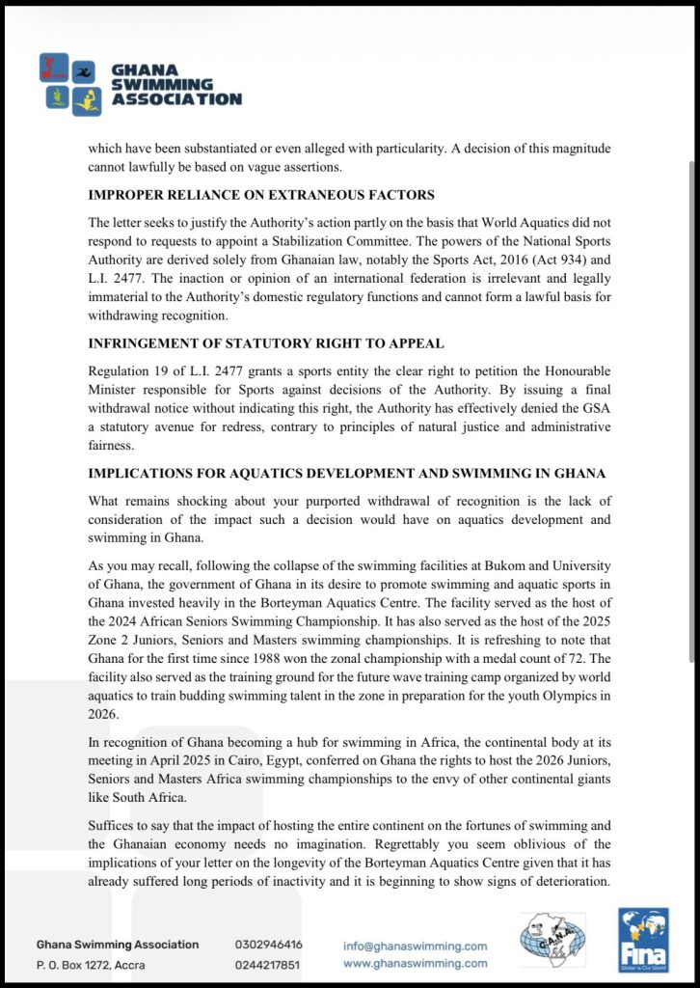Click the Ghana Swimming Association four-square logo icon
(x=70, y=84)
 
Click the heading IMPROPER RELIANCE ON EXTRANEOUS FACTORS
(x=261, y=195)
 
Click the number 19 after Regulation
(x=167, y=371)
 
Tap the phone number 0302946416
(x=268, y=945)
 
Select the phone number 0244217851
(x=267, y=964)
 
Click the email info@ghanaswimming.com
(x=416, y=946)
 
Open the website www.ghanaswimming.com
(x=416, y=963)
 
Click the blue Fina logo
(x=643, y=939)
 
